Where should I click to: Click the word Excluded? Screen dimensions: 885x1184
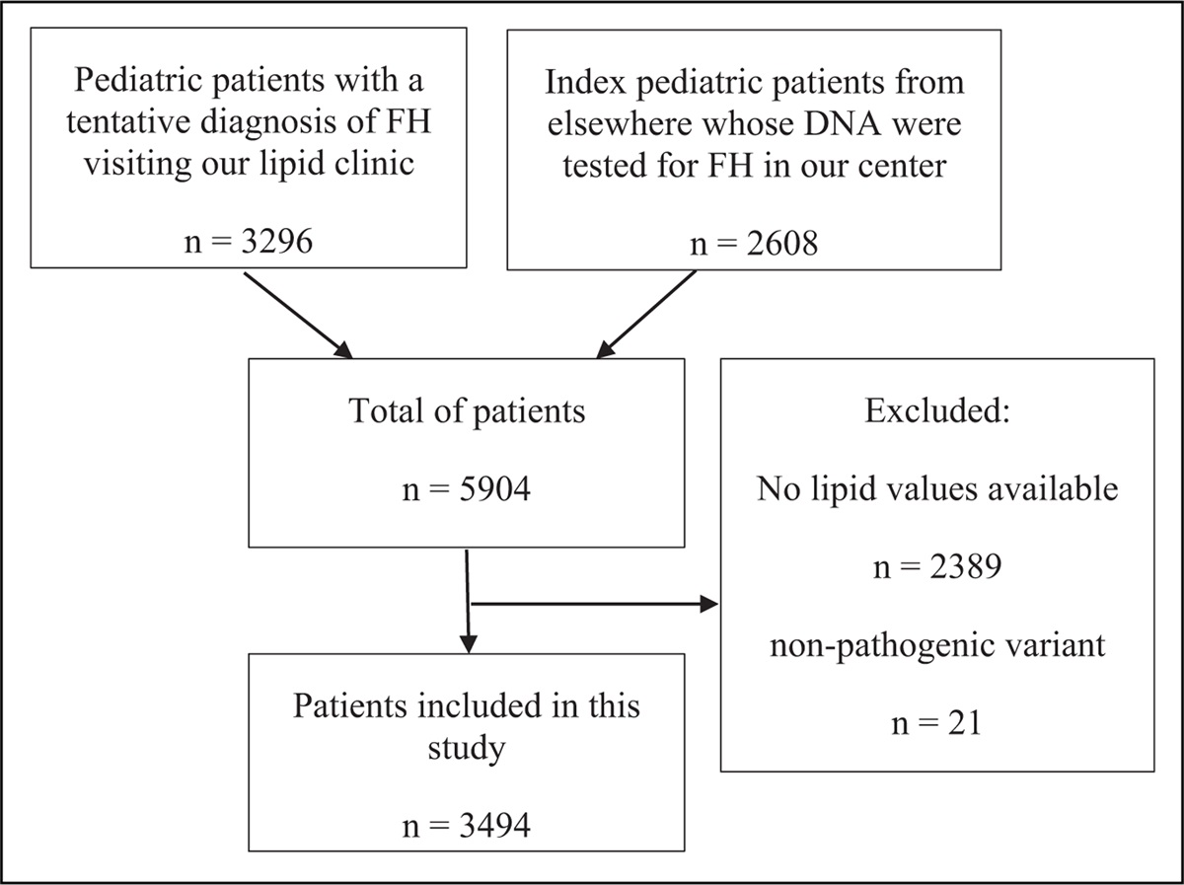[x=936, y=411]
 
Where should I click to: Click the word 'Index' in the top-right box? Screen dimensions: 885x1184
[x=588, y=82]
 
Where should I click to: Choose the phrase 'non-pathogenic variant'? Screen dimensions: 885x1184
[x=936, y=648]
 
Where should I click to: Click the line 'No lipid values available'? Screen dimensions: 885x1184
[x=936, y=490]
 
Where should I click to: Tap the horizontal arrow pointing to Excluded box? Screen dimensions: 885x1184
[x=592, y=602]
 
